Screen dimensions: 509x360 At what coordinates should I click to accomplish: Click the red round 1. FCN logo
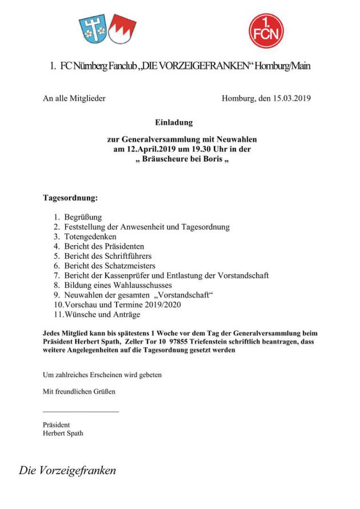[x=266, y=30]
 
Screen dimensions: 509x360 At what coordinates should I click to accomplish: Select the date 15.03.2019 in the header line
[x=291, y=98]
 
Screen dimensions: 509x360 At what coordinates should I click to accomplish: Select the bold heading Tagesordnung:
[x=70, y=199]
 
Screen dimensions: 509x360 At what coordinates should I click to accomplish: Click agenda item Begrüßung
[x=82, y=217]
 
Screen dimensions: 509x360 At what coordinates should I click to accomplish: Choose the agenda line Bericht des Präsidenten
[x=99, y=246]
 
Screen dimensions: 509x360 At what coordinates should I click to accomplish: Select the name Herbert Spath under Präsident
[x=63, y=433]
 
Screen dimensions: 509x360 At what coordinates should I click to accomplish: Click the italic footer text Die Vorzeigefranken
[x=67, y=471]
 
